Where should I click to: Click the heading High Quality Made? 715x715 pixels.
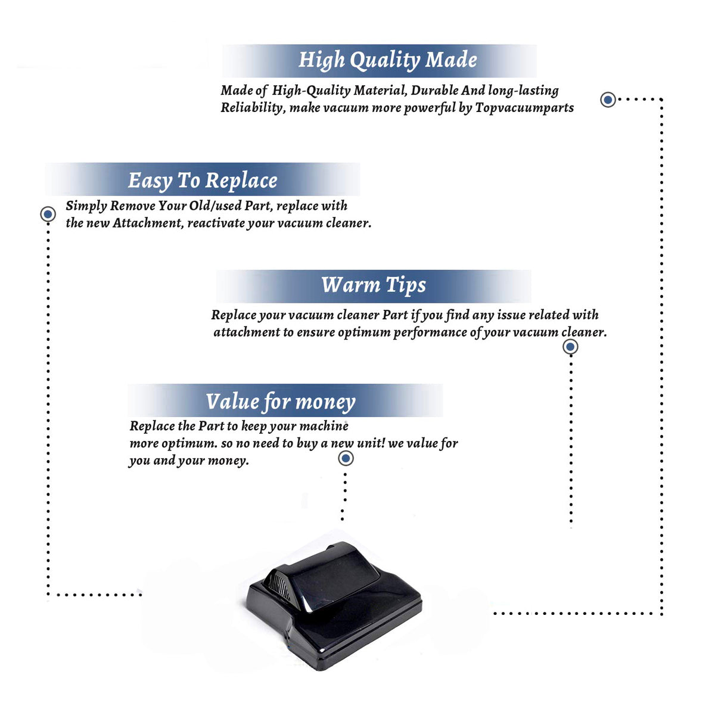pos(387,60)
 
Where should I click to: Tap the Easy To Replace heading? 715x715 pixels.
pos(203,181)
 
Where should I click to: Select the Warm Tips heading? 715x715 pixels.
pos(374,286)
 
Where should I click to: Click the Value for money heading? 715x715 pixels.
pos(281,402)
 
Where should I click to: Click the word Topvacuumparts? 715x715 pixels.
pos(524,108)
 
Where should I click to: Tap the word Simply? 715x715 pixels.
pos(86,206)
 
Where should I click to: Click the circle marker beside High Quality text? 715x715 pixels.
pos(608,100)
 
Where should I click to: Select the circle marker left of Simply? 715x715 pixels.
pos(48,214)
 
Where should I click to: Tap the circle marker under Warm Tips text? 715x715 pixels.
pos(570,347)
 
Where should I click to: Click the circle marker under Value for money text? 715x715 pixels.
pos(346,459)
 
